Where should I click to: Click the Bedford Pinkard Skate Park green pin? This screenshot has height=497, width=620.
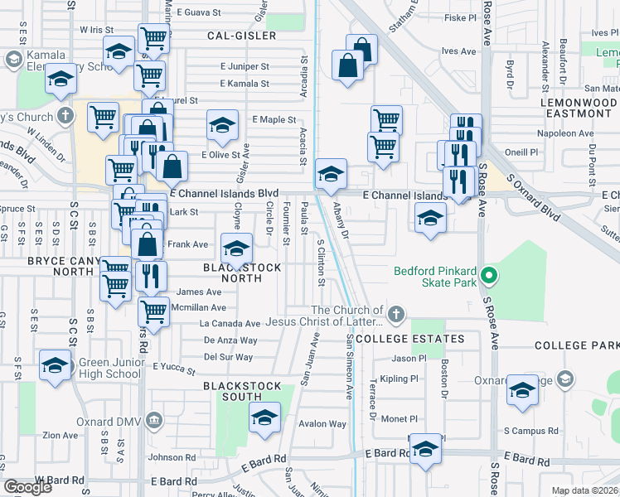pos(489,276)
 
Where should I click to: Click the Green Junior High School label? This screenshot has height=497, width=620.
pos(110,368)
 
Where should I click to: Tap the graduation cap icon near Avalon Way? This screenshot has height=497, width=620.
pos(264,417)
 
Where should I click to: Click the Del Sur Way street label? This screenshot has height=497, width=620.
pos(228,357)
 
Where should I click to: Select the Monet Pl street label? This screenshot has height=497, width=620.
pos(399,419)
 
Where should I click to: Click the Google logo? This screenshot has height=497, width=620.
pos(27,487)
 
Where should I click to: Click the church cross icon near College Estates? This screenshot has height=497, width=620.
pos(396,314)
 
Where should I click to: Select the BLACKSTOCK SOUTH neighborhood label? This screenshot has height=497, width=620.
pos(238,391)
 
